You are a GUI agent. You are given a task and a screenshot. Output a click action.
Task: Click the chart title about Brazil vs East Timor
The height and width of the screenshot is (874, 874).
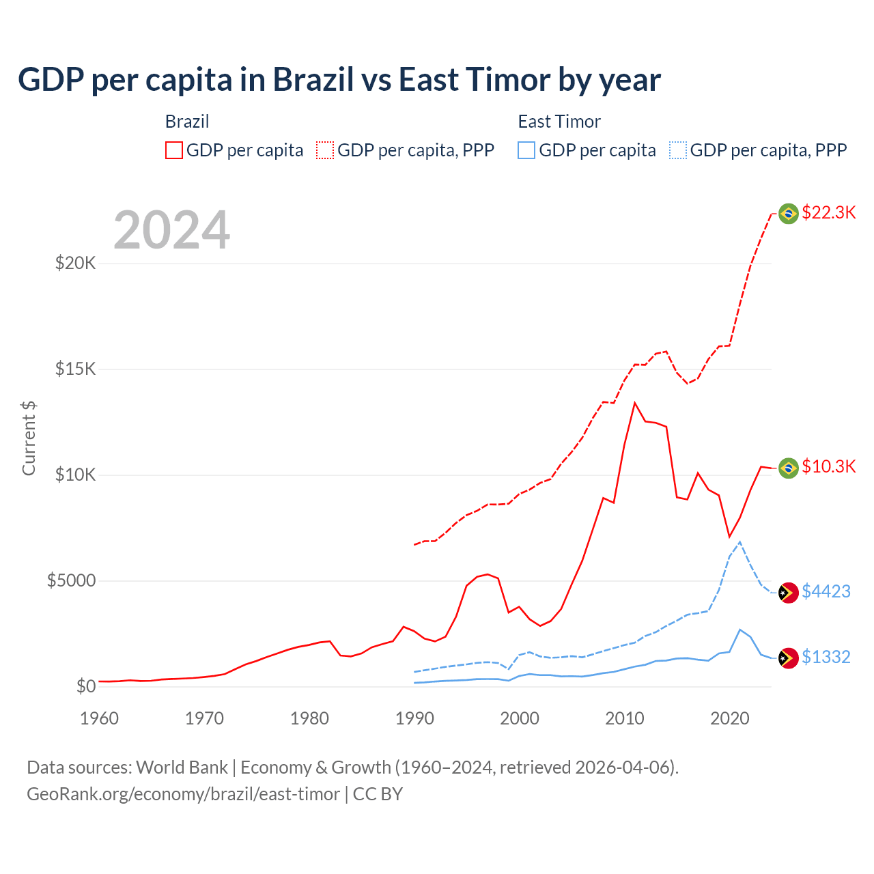point(339,80)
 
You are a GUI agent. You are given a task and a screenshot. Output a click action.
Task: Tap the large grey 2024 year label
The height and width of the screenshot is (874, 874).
point(171,230)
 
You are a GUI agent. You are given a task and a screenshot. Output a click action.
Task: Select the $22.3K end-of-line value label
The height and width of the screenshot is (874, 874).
point(828,212)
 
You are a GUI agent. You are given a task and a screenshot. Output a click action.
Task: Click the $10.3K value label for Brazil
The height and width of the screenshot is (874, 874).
point(828,466)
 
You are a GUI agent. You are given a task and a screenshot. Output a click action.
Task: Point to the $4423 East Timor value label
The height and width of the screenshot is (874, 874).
point(826,591)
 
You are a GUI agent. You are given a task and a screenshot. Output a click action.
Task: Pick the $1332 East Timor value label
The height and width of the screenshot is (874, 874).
point(826,657)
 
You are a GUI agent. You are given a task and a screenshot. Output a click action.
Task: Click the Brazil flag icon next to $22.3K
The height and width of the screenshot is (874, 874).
point(789,214)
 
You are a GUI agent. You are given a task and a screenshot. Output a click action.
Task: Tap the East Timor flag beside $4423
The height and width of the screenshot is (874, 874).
point(789,592)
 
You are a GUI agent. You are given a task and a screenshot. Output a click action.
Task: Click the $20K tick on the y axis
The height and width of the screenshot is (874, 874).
point(75,263)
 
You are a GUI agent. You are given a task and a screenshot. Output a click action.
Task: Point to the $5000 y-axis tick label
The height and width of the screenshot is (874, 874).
point(71,580)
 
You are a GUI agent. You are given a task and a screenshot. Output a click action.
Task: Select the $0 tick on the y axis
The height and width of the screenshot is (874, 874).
point(85,686)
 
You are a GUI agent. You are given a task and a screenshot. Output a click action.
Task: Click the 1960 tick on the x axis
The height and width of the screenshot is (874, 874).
point(100,718)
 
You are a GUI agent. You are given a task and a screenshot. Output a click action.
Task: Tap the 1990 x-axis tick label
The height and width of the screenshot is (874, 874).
point(414,718)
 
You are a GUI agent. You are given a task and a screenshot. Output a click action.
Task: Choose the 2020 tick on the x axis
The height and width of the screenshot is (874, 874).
point(730,718)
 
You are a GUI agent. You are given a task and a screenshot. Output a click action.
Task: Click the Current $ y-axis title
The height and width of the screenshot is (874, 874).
point(29,438)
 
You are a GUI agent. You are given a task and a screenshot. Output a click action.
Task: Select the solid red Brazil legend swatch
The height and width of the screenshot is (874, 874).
point(174,150)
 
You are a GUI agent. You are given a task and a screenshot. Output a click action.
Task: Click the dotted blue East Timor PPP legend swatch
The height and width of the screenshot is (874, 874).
point(678,150)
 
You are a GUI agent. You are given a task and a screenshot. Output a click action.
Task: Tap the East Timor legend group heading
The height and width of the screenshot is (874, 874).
point(559,122)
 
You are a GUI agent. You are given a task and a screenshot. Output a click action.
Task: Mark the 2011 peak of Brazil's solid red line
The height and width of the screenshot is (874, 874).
point(635,403)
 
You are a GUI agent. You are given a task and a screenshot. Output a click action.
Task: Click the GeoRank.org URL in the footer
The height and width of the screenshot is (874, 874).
point(183,794)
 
